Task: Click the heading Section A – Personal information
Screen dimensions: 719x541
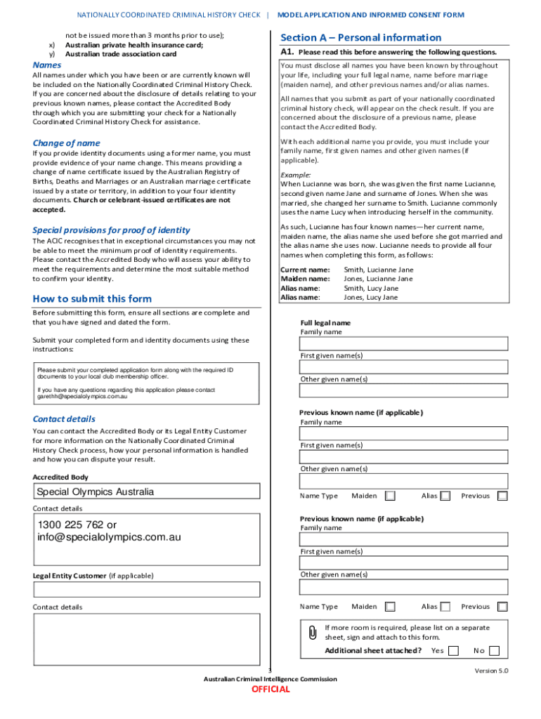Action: tap(360, 38)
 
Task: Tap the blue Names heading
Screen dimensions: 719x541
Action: tap(47, 65)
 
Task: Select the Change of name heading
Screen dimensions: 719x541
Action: tap(66, 143)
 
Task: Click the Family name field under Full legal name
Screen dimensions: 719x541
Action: tap(404, 343)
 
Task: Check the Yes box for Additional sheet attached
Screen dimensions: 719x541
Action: tap(453, 651)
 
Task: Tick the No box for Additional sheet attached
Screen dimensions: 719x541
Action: tap(495, 651)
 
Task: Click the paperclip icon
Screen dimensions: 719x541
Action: tap(313, 633)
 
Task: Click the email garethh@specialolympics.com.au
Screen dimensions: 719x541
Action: tap(82, 397)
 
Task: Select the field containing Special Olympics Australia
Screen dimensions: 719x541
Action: tap(146, 492)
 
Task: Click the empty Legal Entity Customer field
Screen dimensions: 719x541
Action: tap(146, 589)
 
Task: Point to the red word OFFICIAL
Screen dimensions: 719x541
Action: tap(270, 690)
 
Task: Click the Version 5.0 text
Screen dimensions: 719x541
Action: tap(491, 671)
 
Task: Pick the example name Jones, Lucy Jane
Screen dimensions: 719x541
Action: tap(370, 298)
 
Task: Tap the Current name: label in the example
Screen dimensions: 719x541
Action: tap(305, 270)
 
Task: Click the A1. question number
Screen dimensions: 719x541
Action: tap(287, 52)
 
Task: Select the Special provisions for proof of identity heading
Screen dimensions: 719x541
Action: tap(111, 230)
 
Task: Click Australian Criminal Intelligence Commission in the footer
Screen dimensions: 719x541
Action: tap(270, 679)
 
